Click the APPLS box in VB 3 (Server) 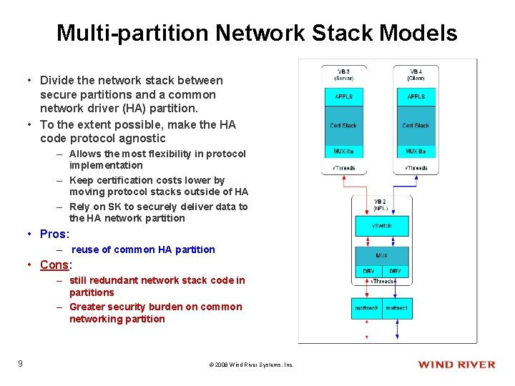tap(343, 96)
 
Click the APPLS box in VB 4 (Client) tap(416, 96)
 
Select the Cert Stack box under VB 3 tap(343, 126)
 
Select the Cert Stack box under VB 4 tap(416, 126)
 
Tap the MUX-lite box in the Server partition tap(343, 152)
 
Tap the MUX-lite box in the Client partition tap(416, 152)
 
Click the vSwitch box tap(381, 226)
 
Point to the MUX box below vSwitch tap(381, 255)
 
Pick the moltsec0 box tap(366, 309)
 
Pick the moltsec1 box tap(396, 309)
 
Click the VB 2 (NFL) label tap(381, 205)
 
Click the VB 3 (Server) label tap(343, 74)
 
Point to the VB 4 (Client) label tap(416, 74)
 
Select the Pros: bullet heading tap(54, 234)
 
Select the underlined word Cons tap(54, 264)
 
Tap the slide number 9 tap(20, 364)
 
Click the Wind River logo tap(456, 365)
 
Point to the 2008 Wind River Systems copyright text tap(251, 365)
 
